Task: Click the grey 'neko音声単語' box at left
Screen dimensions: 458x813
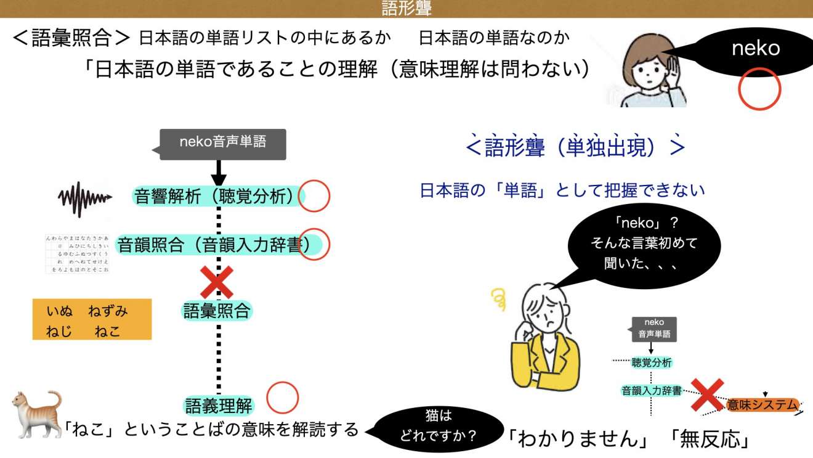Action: [x=223, y=142]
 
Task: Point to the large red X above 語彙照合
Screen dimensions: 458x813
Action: [x=217, y=282]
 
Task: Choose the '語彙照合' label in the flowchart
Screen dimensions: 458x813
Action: [x=217, y=311]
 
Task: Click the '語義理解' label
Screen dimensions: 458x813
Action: [x=219, y=405]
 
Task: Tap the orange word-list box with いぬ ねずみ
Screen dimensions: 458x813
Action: [x=92, y=319]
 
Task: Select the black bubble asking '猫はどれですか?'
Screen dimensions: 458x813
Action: [x=438, y=427]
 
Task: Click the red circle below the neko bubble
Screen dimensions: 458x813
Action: [x=759, y=89]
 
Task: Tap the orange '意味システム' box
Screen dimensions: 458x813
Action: [x=762, y=404]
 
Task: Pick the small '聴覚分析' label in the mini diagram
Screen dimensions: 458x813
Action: [x=652, y=362]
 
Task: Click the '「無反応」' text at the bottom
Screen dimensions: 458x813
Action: [x=709, y=438]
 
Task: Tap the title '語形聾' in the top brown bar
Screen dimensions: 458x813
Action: [x=407, y=8]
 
